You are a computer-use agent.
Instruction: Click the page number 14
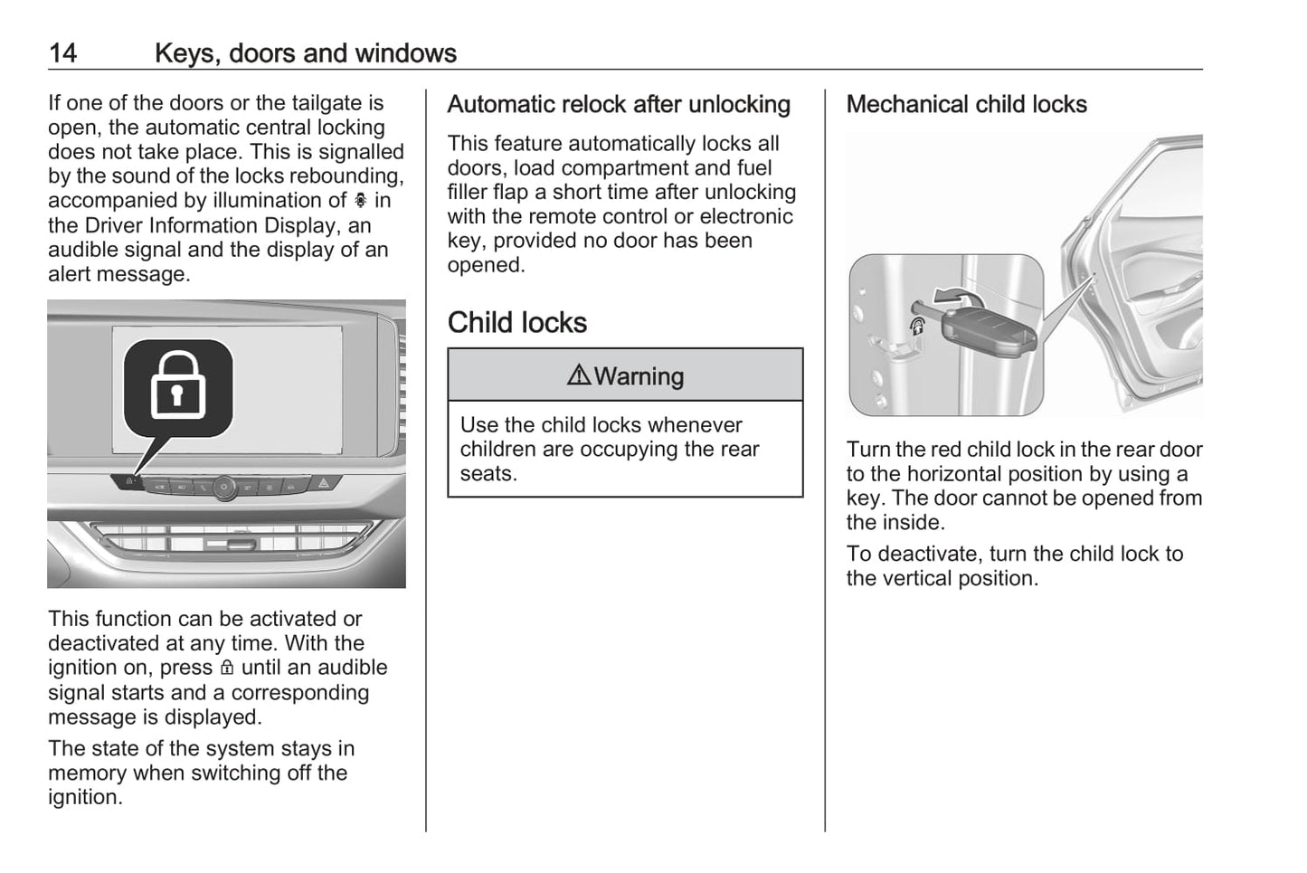click(62, 53)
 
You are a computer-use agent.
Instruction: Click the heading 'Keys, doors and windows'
click(305, 53)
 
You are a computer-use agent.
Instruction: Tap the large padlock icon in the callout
click(178, 386)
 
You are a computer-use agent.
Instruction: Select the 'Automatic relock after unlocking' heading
click(619, 105)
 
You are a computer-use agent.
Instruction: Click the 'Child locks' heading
click(516, 323)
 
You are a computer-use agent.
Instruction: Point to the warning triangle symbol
click(579, 375)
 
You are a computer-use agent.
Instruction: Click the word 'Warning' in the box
click(639, 376)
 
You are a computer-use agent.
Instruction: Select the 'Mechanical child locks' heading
click(966, 105)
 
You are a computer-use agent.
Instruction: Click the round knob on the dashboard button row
click(225, 488)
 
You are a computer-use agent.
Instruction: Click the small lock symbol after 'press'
click(227, 669)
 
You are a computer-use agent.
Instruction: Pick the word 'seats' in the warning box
click(486, 474)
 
